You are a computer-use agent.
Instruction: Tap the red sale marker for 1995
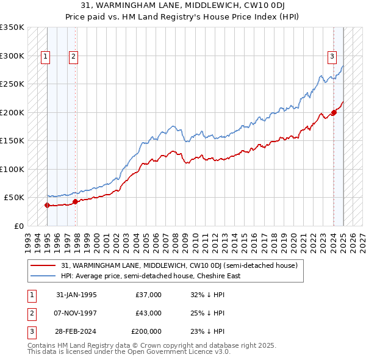[47, 205]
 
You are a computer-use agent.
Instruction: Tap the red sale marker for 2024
[334, 113]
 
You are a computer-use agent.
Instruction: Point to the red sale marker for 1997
[75, 201]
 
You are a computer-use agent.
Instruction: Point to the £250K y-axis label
[12, 84]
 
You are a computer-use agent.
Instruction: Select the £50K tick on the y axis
[15, 198]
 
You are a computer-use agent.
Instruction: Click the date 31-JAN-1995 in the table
[76, 295]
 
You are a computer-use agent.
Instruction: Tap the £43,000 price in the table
[148, 313]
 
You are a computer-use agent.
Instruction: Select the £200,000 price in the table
[146, 331]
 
